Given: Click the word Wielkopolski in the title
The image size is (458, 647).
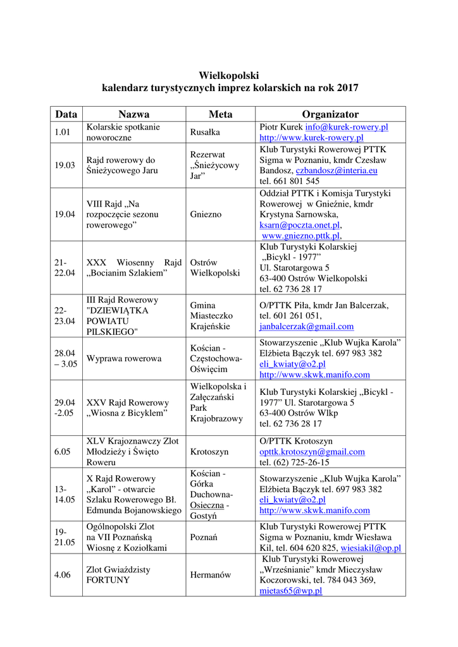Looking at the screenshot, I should click(x=229, y=75).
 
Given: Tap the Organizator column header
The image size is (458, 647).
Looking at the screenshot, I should click(x=330, y=114).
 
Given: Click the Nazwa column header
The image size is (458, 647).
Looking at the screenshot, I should click(x=134, y=114).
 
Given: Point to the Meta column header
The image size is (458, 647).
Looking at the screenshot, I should click(x=220, y=114).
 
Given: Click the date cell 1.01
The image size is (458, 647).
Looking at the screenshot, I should click(x=62, y=132).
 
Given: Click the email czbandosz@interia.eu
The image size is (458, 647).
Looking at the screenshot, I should click(x=337, y=171).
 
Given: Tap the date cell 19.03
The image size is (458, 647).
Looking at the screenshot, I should click(x=65, y=166).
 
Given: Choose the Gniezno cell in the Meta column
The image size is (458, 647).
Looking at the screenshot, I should click(x=206, y=214).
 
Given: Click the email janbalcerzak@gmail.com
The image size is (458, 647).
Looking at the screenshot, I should click(x=306, y=327).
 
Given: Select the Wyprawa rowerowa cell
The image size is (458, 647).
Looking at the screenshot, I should click(x=123, y=359).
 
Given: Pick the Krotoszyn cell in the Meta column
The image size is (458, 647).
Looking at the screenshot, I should click(x=209, y=452).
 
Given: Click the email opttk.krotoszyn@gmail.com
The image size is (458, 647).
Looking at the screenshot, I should click(x=312, y=452).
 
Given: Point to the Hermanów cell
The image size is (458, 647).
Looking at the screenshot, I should click(x=210, y=575).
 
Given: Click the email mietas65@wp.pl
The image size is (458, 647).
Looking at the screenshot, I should click(x=290, y=591).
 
